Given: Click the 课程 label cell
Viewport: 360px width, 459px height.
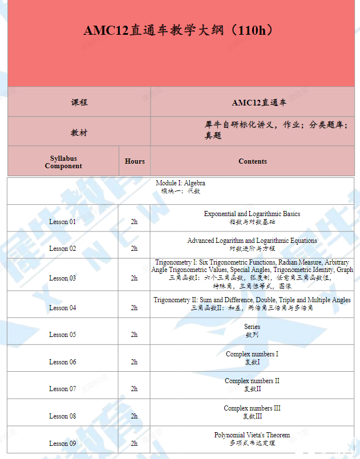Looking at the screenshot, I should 79,103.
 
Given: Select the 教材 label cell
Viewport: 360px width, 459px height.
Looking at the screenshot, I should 79,132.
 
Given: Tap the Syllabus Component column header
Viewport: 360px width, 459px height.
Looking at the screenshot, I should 63,162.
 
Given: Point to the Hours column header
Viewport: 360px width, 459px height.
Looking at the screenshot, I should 135,161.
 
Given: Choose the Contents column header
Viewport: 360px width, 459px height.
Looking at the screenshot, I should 253,161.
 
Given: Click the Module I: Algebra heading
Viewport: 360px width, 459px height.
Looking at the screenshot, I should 180,183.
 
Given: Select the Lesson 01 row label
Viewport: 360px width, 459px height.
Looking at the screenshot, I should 62,222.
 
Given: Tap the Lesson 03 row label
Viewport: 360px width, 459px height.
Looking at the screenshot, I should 62,278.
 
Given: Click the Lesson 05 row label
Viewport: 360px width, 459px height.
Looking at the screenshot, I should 62,335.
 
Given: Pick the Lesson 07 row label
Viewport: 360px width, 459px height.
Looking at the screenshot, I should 62,389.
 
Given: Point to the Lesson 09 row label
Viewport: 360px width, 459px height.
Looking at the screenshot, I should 62,443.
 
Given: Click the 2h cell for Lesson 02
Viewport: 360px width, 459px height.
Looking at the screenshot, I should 134,249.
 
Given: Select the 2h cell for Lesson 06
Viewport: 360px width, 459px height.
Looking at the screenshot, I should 134,362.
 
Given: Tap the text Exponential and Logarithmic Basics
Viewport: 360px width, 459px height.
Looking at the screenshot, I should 252,214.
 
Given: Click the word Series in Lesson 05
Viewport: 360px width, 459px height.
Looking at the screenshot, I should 252,327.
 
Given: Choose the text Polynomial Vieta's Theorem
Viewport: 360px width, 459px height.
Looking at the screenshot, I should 252,435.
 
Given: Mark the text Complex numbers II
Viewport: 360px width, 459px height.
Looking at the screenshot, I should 252,381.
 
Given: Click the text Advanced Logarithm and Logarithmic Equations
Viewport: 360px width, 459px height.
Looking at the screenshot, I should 252,241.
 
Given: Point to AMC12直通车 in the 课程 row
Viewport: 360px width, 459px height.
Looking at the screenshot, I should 259,103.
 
